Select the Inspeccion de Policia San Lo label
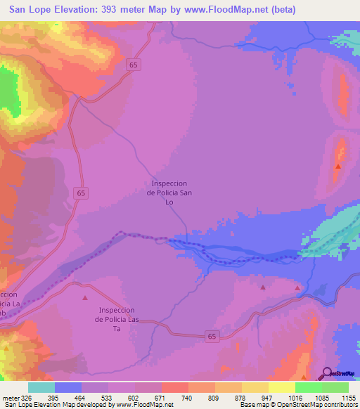click(169, 193)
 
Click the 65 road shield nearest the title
click(134, 65)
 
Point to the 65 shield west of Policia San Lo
click(82, 193)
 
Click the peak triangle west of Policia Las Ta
click(85, 298)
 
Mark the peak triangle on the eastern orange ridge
click(338, 167)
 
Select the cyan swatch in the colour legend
click(41, 387)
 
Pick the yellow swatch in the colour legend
click(282, 387)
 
